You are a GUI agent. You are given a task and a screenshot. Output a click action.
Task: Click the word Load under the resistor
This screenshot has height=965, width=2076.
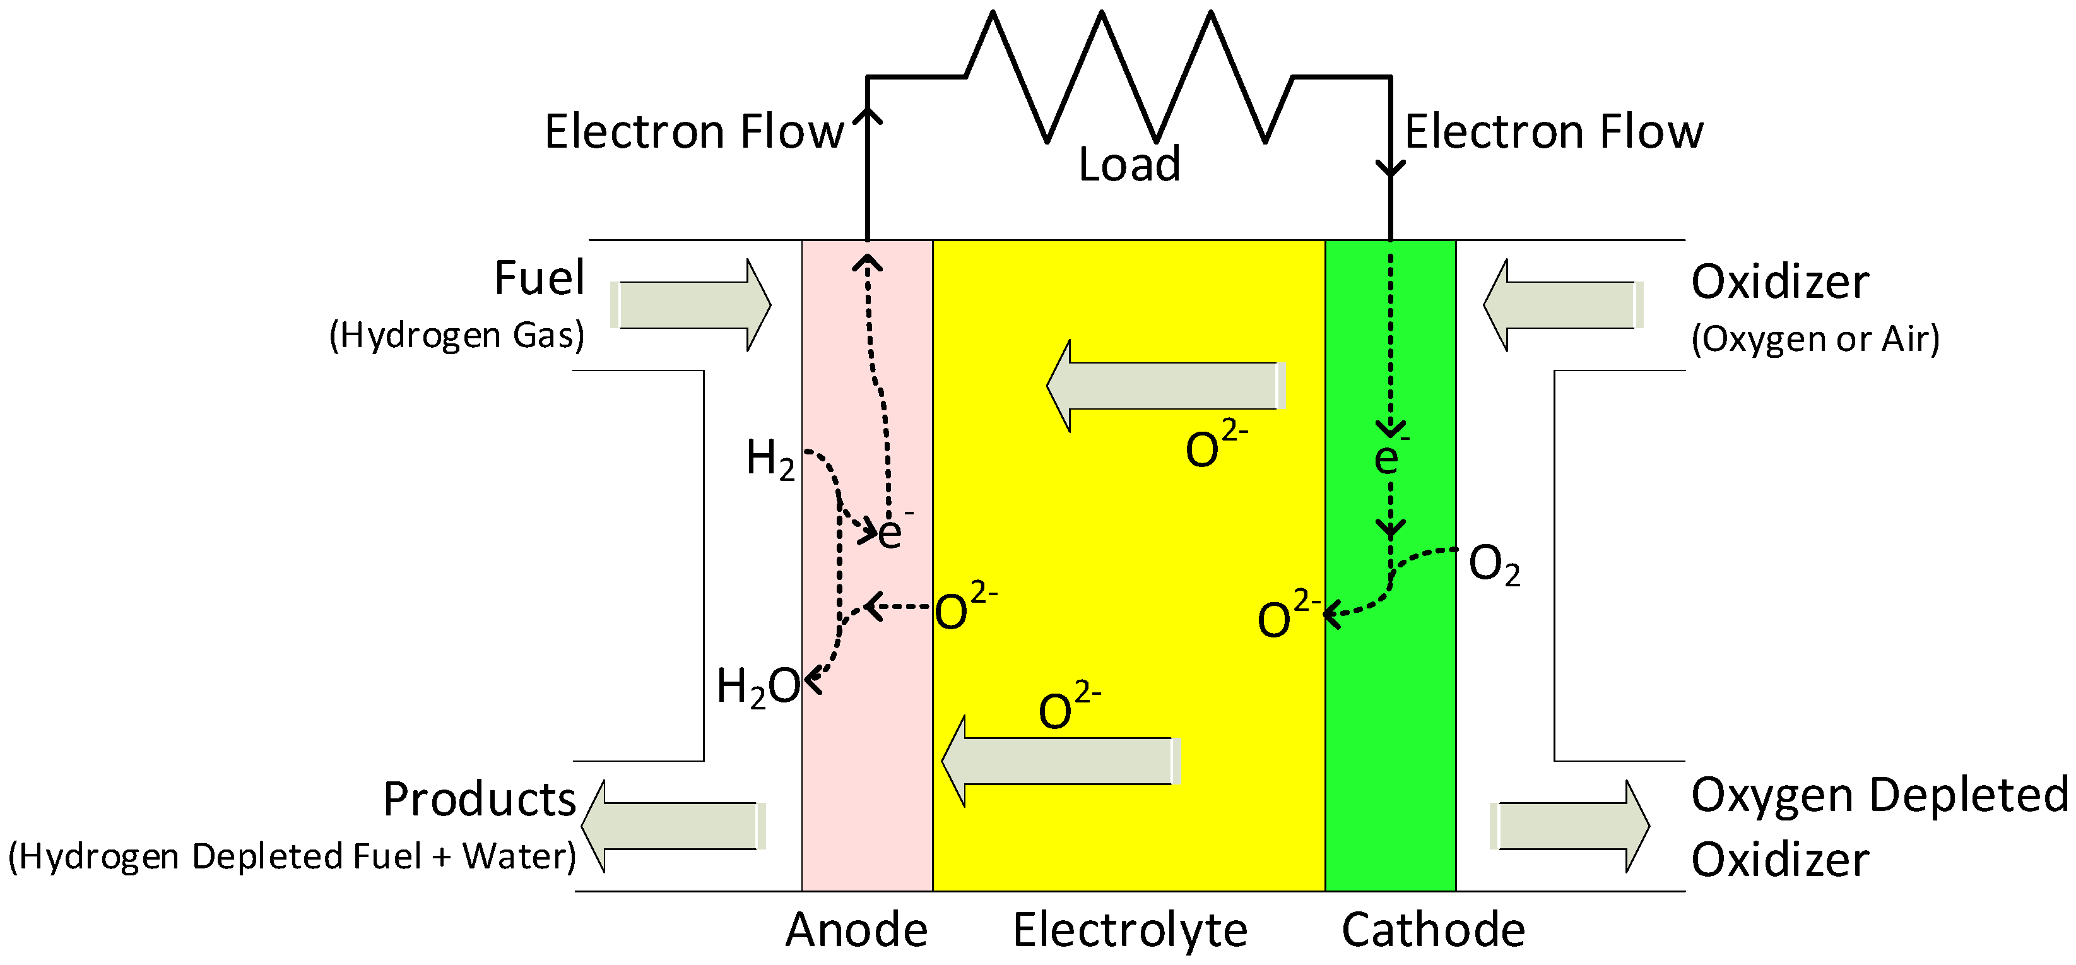[1128, 165]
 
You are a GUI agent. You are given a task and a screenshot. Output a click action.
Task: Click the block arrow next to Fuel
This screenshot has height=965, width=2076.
[693, 305]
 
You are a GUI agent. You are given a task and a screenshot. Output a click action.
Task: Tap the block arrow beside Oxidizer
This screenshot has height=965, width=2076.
[1562, 305]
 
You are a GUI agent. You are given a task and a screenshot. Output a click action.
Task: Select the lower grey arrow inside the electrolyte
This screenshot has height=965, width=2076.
[1059, 761]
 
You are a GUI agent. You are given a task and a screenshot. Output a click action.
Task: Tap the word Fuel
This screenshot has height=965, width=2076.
[538, 279]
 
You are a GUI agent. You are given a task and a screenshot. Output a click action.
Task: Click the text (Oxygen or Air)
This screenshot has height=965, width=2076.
[1815, 338]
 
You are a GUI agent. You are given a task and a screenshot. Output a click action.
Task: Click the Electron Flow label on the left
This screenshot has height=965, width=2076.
[693, 132]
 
